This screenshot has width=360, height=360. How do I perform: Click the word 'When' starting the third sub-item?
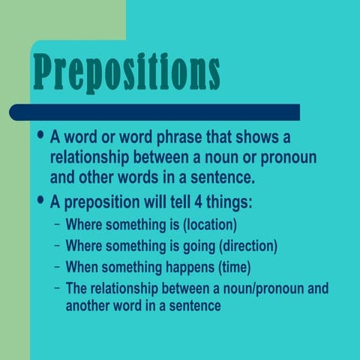(82, 267)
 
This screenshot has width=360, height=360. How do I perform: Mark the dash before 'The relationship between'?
(58, 288)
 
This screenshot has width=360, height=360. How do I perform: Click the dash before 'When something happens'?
(58, 267)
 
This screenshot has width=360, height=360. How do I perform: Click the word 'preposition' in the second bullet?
(103, 203)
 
